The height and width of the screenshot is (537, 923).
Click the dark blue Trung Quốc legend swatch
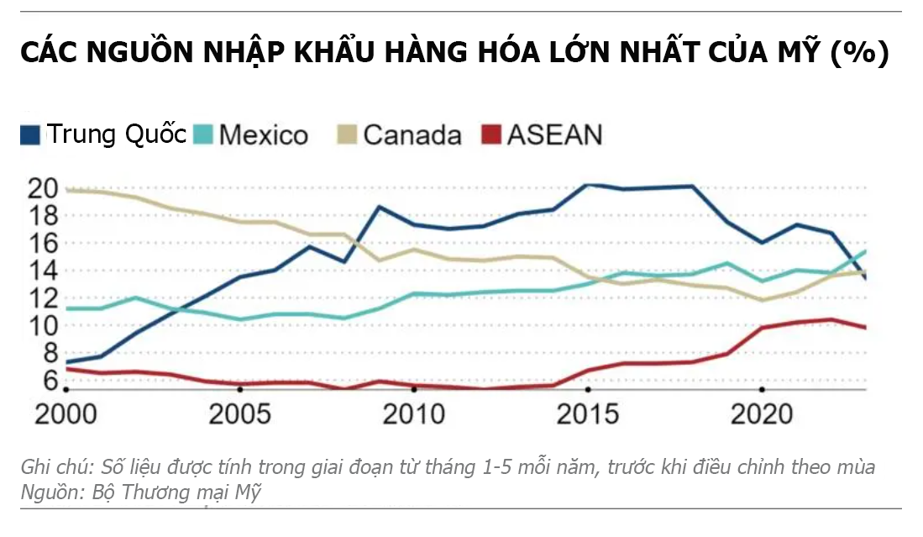point(30,134)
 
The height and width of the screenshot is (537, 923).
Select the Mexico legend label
point(263,134)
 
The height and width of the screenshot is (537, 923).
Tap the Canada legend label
point(412,134)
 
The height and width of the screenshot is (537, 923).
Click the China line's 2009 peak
point(379,207)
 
